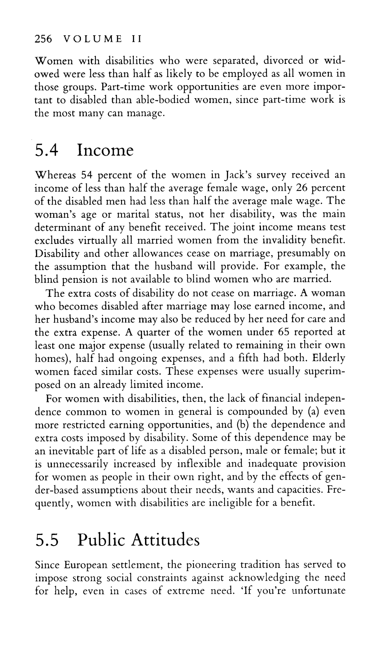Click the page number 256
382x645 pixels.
43,39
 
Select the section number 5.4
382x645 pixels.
47,150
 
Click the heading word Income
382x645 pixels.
105,150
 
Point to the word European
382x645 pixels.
86,565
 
